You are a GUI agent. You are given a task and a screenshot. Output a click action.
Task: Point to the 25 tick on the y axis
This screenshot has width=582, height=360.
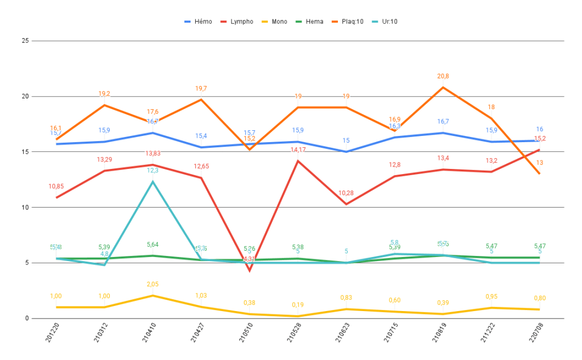click(25, 41)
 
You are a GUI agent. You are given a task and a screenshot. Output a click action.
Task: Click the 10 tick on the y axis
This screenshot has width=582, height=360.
click(25, 207)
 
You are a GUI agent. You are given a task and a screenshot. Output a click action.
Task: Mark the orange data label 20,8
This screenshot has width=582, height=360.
click(443, 76)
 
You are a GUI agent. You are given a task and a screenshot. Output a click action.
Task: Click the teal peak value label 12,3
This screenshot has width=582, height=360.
click(152, 170)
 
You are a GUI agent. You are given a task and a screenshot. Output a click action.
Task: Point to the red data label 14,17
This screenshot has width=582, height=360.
click(298, 150)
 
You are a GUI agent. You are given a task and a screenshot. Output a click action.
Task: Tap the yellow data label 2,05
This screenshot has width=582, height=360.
click(152, 284)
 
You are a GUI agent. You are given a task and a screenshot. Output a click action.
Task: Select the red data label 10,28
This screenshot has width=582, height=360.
click(346, 193)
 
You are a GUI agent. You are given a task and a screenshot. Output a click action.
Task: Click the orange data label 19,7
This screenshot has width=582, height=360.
click(201, 88)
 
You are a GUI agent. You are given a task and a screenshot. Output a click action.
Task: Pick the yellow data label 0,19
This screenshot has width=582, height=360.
click(298, 305)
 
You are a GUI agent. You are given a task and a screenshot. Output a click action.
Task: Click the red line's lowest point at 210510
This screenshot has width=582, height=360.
click(249, 270)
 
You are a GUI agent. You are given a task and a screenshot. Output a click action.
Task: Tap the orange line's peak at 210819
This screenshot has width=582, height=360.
click(443, 88)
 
